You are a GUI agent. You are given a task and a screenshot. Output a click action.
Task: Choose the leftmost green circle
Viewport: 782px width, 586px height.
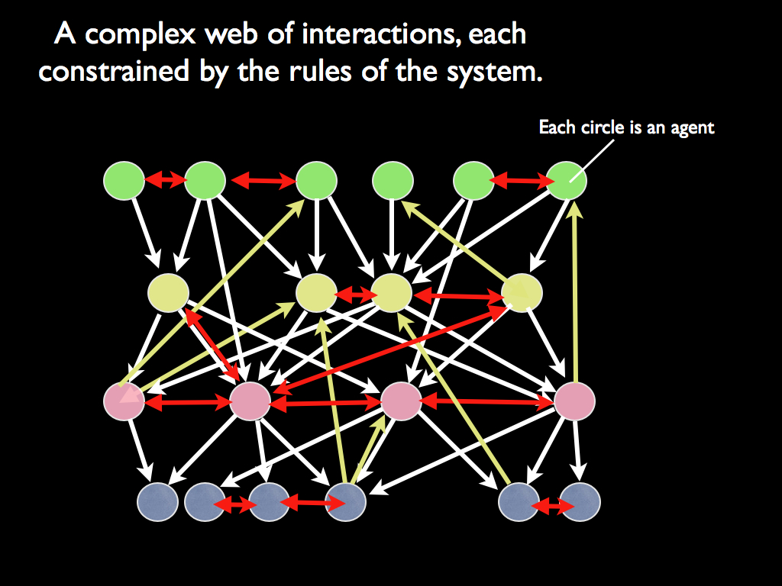[x=124, y=181]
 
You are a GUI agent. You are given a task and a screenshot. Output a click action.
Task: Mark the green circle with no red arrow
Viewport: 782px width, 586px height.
[x=393, y=181]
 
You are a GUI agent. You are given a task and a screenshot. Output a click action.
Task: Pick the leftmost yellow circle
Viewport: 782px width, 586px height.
[x=168, y=292]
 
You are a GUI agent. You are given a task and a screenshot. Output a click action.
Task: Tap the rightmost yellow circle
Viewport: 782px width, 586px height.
[x=522, y=292]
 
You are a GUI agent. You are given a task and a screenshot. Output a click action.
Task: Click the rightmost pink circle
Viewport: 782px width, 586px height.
[x=574, y=401]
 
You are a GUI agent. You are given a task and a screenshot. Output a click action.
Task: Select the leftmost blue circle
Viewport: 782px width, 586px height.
[x=157, y=503]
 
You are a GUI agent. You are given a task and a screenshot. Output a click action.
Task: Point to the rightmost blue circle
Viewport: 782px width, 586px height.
[x=580, y=503]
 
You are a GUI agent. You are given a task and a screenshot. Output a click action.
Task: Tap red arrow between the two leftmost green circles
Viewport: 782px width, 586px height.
[x=165, y=181]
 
